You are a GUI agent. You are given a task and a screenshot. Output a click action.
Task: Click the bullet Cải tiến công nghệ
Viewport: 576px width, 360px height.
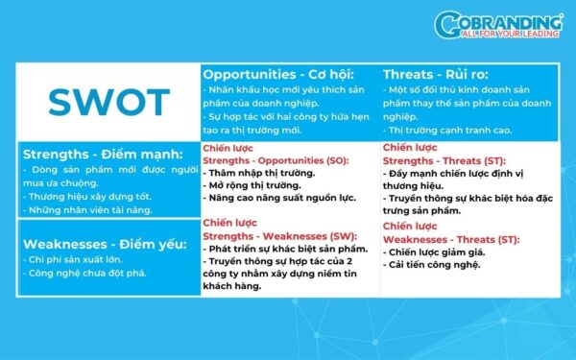[x=431, y=264]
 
